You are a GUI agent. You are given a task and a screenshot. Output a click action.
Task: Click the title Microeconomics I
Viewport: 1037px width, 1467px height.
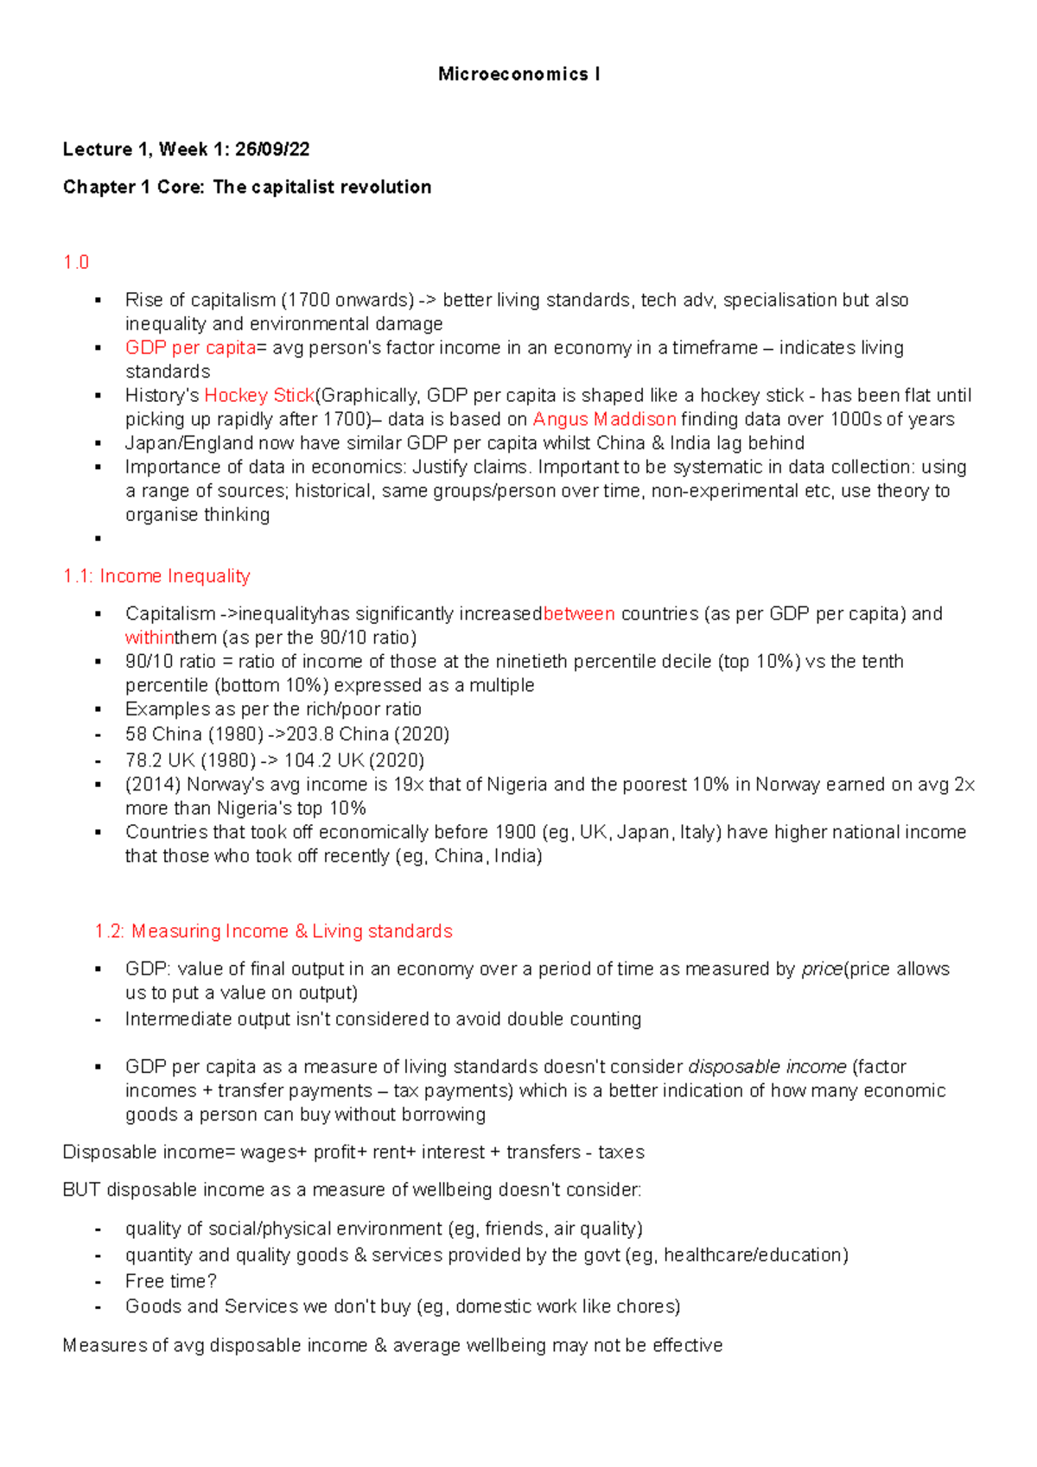pyautogui.click(x=518, y=74)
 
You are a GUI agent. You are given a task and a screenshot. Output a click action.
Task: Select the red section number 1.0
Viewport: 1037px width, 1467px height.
pyautogui.click(x=76, y=263)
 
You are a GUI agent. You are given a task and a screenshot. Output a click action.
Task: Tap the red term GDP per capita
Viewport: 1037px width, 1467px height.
pyautogui.click(x=190, y=348)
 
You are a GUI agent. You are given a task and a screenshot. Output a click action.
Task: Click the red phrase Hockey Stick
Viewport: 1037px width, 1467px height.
pyautogui.click(x=259, y=396)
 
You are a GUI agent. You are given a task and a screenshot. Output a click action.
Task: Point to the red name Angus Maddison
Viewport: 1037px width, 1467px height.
pyautogui.click(x=604, y=420)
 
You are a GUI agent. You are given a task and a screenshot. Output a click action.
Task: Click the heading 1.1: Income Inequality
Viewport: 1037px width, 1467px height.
pyautogui.click(x=156, y=576)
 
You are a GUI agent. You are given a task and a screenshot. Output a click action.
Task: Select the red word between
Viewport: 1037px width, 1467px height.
pyautogui.click(x=579, y=614)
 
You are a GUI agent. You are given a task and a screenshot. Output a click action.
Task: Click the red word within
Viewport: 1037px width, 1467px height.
pyautogui.click(x=150, y=638)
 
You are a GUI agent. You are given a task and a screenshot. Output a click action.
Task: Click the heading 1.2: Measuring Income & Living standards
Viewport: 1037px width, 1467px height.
pyautogui.click(x=274, y=931)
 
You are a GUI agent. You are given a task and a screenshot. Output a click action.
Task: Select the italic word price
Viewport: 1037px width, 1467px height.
pyautogui.click(x=821, y=969)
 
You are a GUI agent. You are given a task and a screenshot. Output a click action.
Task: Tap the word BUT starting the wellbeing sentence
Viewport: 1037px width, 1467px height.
pyautogui.click(x=82, y=1191)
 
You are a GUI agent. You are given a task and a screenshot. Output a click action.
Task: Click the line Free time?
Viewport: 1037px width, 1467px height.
pyautogui.click(x=170, y=1281)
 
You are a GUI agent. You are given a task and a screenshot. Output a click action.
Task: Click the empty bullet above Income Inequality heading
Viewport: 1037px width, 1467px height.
pyautogui.click(x=99, y=538)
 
